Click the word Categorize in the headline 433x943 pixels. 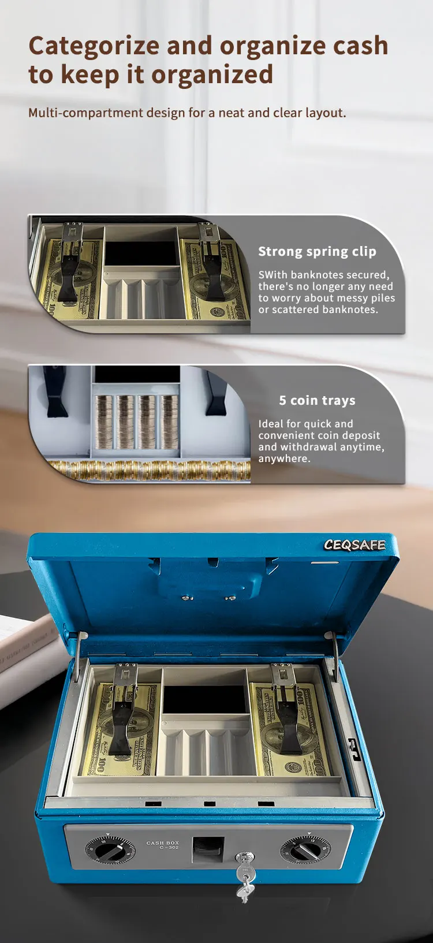click(94, 46)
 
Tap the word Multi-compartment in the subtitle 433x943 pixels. click(85, 113)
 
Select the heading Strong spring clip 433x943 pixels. click(317, 252)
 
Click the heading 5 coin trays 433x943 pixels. click(317, 401)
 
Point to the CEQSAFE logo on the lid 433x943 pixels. click(354, 545)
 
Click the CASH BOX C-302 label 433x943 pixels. click(162, 845)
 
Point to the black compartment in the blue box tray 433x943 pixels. click(205, 699)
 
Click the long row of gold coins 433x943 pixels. click(150, 470)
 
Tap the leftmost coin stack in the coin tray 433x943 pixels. click(104, 422)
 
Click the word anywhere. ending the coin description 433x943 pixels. click(284, 459)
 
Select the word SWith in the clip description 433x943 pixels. click(273, 275)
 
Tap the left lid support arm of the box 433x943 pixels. click(77, 655)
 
